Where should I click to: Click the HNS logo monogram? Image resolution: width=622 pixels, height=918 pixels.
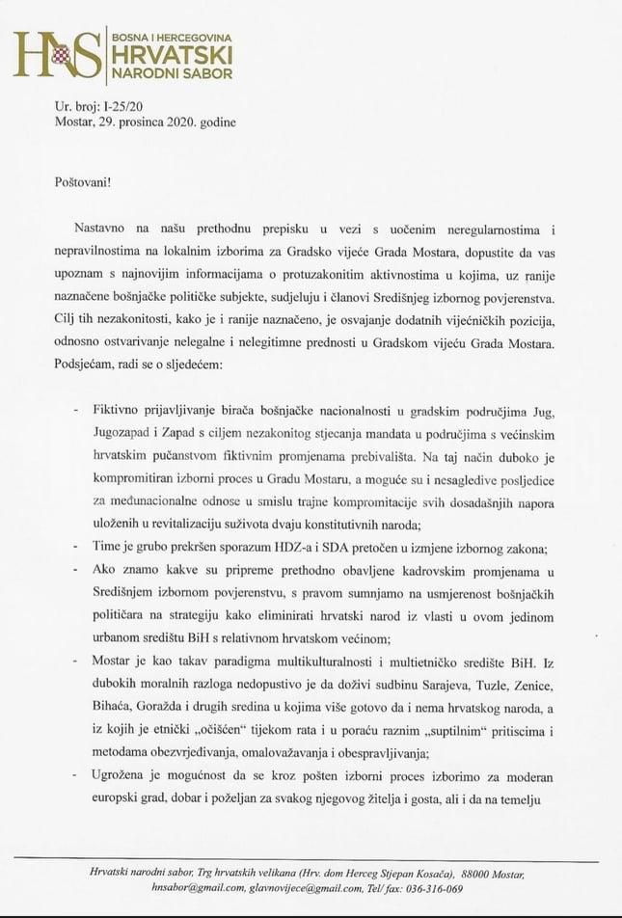[x=56, y=54]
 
